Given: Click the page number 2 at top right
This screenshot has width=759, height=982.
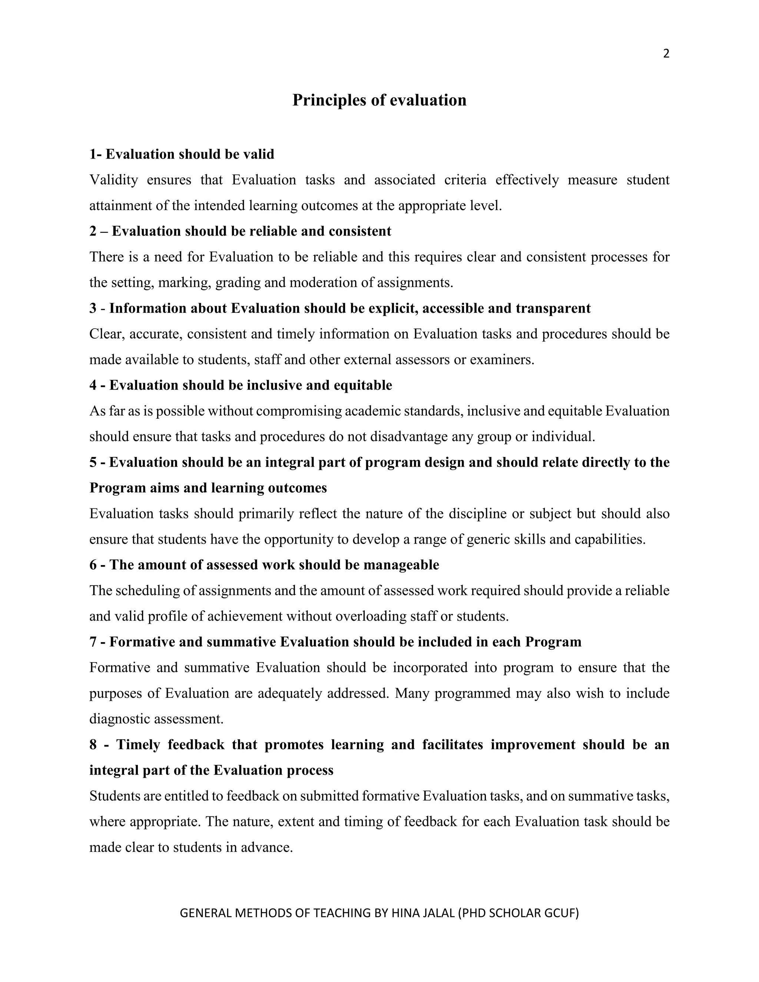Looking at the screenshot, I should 666,54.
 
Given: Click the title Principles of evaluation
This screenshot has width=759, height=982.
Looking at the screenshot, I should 379,100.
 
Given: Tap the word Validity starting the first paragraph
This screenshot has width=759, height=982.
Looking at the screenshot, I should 113,180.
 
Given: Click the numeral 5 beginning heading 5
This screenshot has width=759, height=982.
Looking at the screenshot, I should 93,462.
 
